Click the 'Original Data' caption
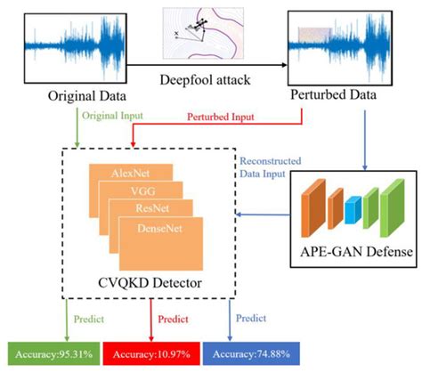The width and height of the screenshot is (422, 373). tap(72, 92)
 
